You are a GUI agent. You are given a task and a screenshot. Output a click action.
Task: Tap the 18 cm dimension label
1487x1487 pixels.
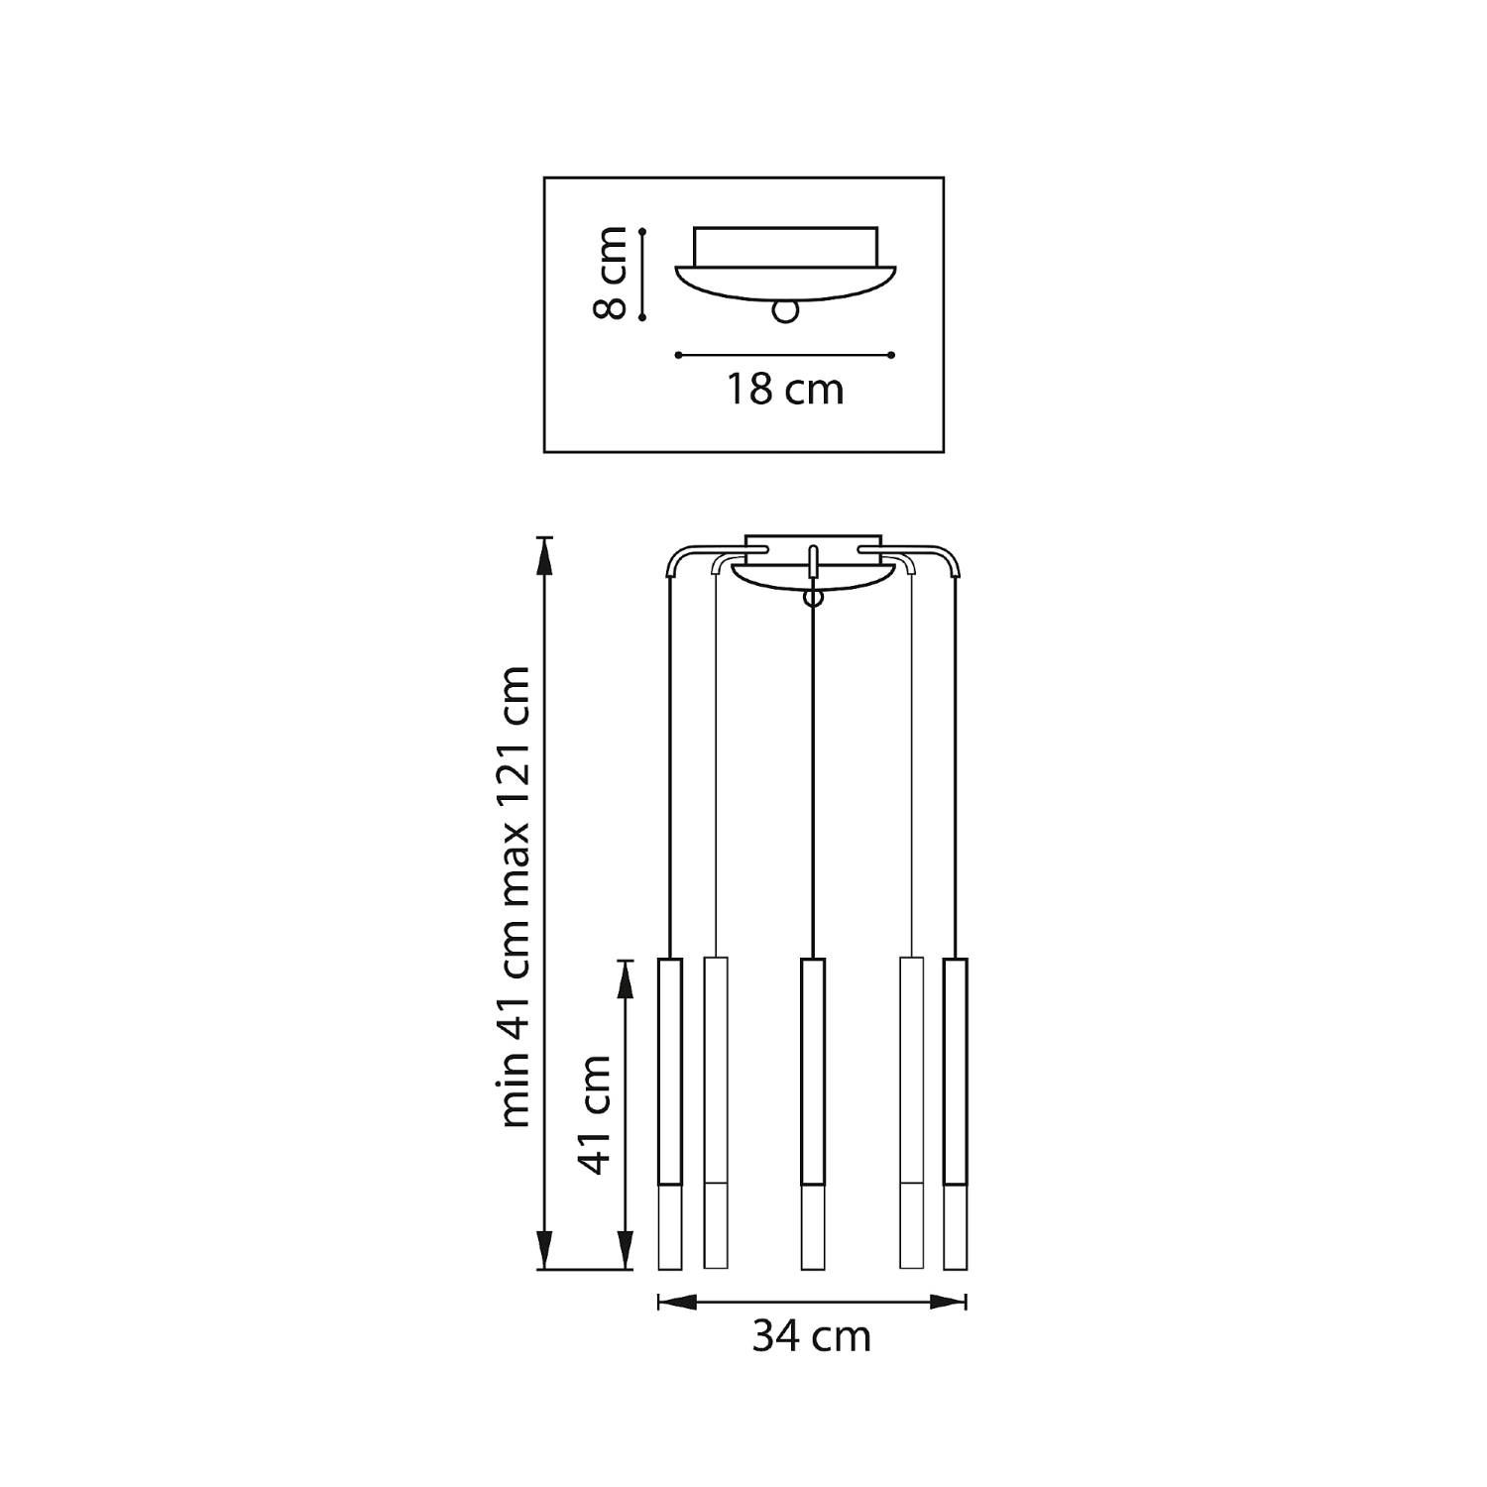785,389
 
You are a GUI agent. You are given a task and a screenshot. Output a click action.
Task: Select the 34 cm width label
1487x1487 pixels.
811,1336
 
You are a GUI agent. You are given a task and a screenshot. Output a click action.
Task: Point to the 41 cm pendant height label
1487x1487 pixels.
594,1113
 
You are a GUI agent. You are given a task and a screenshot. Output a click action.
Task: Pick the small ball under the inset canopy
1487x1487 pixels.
784,311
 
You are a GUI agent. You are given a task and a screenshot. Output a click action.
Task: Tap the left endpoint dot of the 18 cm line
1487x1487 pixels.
677,355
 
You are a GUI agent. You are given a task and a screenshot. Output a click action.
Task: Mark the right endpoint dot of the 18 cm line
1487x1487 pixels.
892,355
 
